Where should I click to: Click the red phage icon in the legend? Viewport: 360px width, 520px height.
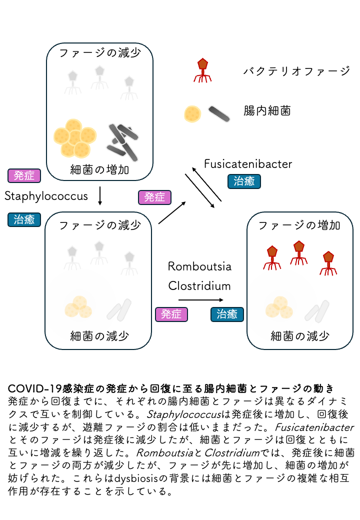pyautogui.click(x=202, y=70)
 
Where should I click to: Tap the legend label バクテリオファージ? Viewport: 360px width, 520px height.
pyautogui.click(x=296, y=71)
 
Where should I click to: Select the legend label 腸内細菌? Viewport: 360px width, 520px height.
pyautogui.click(x=267, y=111)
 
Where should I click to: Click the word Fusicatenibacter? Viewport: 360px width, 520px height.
pyautogui.click(x=248, y=163)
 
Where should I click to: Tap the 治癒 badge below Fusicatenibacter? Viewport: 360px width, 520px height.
pyautogui.click(x=244, y=181)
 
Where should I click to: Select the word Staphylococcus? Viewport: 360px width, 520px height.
pyautogui.click(x=46, y=195)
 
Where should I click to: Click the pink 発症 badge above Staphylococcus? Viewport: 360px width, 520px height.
pyautogui.click(x=24, y=176)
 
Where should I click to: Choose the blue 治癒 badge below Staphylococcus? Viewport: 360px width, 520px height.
pyautogui.click(x=24, y=219)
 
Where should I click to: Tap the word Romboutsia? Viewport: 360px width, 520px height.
pyautogui.click(x=199, y=266)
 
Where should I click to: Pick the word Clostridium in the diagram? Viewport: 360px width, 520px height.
pyautogui.click(x=199, y=286)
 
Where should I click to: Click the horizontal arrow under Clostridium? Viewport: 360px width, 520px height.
pyautogui.click(x=200, y=300)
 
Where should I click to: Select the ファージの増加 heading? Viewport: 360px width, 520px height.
pyautogui.click(x=299, y=225)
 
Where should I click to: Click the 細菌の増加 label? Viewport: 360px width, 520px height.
pyautogui.click(x=99, y=170)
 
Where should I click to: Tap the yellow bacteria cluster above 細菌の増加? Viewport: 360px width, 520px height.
pyautogui.click(x=75, y=136)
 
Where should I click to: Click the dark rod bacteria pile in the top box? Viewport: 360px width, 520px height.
pyautogui.click(x=122, y=140)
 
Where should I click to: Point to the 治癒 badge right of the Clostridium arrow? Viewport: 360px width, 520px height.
pyautogui.click(x=227, y=314)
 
